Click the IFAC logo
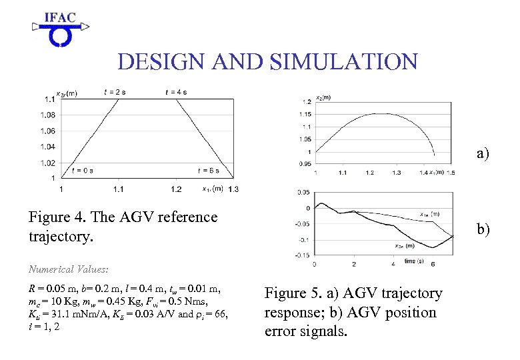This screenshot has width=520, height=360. (59, 29)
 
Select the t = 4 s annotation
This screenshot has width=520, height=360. (176, 91)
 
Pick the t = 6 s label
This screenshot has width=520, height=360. (208, 171)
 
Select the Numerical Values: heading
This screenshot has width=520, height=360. (68, 270)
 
